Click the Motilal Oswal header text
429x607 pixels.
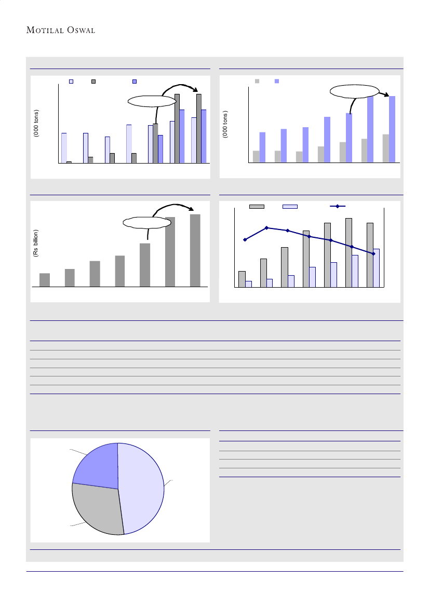(x=60, y=30)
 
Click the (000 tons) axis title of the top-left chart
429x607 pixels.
(x=36, y=124)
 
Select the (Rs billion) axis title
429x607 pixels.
(x=36, y=244)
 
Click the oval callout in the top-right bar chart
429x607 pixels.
(x=353, y=91)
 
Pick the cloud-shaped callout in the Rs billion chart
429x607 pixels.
(x=147, y=223)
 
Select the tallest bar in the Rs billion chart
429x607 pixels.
(x=195, y=250)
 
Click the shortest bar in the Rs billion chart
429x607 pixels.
(x=45, y=280)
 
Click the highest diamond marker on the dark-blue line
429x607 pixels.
(x=266, y=228)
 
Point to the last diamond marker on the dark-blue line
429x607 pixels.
(x=373, y=253)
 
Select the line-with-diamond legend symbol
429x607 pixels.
(x=338, y=207)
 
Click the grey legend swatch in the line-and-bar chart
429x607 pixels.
(x=257, y=207)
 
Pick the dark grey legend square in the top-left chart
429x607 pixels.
(x=94, y=82)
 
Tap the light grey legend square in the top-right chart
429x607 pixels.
(x=257, y=82)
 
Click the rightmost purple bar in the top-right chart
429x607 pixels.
(x=392, y=129)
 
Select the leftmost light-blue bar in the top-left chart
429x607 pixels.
(x=64, y=148)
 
